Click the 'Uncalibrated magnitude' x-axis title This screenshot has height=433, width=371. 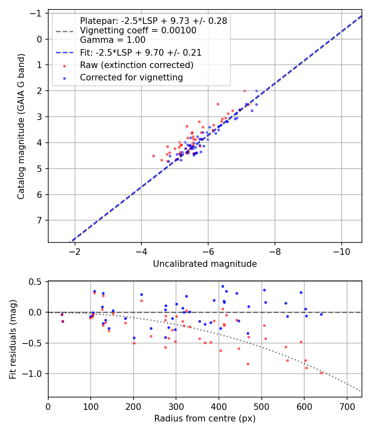205,264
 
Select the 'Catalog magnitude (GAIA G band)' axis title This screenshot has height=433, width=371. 21,126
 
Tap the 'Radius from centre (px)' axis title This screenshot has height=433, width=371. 205,419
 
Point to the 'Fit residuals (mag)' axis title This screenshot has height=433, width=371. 13,339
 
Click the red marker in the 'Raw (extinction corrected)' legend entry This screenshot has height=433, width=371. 65,66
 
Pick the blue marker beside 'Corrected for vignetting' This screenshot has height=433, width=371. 65,78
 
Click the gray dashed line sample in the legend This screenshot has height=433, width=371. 65,31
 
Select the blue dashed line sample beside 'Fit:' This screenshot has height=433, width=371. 65,52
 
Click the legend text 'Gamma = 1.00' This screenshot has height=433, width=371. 113,40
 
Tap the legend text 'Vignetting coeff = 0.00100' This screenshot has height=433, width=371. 138,31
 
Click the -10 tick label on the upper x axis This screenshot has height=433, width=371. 341,252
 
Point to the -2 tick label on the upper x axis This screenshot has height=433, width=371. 75,252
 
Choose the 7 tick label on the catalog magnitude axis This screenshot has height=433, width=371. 39,220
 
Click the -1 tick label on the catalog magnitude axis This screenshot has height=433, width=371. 36,13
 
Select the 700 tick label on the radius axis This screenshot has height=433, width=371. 347,407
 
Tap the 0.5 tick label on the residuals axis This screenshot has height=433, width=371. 35,282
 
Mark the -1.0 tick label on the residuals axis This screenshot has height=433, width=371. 32,374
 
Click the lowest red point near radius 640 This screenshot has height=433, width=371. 321,373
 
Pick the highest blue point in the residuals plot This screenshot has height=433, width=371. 223,286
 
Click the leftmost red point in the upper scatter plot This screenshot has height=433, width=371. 153,156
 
